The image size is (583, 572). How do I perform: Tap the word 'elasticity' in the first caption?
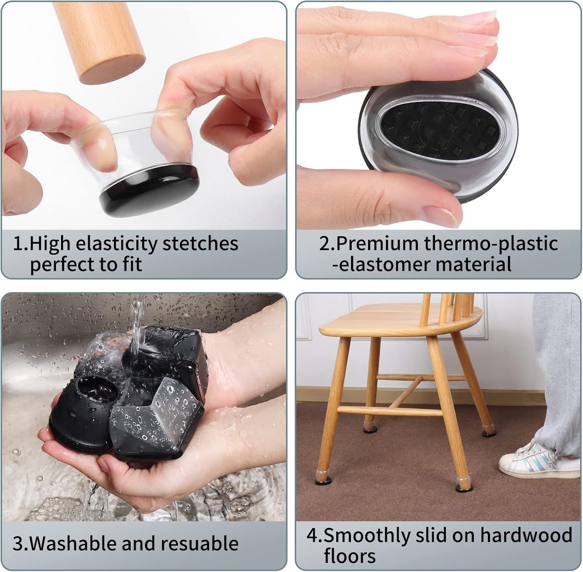point(117,244)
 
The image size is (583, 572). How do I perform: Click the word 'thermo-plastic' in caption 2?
point(491,244)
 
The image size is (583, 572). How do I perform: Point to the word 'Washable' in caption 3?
point(73,543)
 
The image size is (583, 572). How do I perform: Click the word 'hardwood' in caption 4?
point(527,535)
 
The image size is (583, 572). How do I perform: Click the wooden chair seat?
point(399,321)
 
